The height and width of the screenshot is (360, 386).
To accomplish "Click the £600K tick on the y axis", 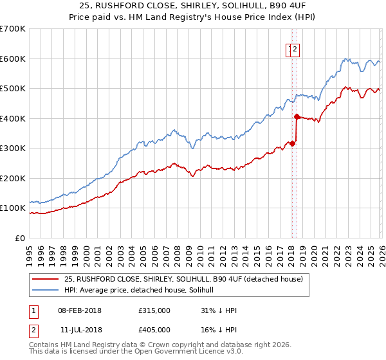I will click(13, 59).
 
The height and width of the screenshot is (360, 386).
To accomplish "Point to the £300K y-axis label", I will click(13, 148).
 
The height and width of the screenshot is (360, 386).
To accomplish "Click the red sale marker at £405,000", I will click(297, 117).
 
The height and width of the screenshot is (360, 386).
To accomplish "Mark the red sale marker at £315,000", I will click(292, 143).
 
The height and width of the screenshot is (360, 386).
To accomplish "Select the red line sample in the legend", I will click(46, 278).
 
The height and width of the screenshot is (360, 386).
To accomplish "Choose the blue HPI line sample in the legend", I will click(46, 290).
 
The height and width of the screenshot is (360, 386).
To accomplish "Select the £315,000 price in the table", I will click(154, 310).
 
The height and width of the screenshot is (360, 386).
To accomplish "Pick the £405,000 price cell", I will click(154, 329).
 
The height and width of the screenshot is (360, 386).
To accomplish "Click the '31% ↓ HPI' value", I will click(219, 310).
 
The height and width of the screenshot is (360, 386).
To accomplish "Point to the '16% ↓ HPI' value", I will click(219, 329).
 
